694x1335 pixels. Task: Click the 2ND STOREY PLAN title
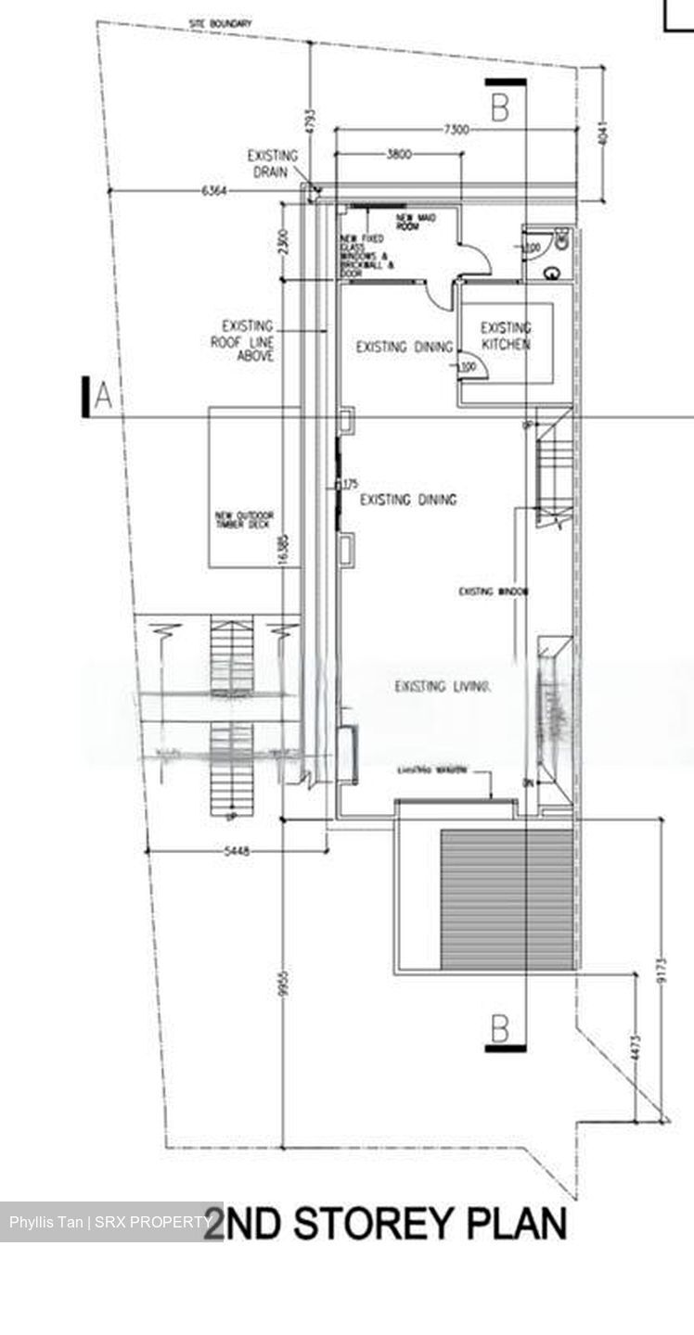coord(384,1224)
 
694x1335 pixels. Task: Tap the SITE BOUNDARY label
coord(220,23)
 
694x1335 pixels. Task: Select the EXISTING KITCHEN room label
coord(506,336)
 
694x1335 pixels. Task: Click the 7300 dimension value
coord(456,129)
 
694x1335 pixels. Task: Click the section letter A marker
coord(103,397)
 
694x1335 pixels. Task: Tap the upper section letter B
coord(499,108)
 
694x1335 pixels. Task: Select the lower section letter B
coord(499,1027)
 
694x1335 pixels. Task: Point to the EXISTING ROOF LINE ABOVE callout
coord(249,340)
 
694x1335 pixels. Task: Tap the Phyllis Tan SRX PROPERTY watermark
coord(109,1222)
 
